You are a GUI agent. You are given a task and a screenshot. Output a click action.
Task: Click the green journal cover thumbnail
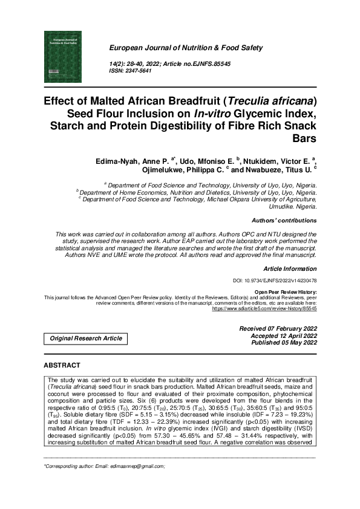click(63, 57)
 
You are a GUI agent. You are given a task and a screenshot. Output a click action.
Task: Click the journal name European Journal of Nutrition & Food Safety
click(186, 47)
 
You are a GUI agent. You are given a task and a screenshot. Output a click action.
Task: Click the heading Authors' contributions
click(284, 221)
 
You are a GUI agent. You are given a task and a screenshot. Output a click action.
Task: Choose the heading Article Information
click(290, 268)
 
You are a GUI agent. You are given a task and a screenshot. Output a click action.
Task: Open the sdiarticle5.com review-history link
click(264, 308)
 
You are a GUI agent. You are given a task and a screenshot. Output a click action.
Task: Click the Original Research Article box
click(86, 339)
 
